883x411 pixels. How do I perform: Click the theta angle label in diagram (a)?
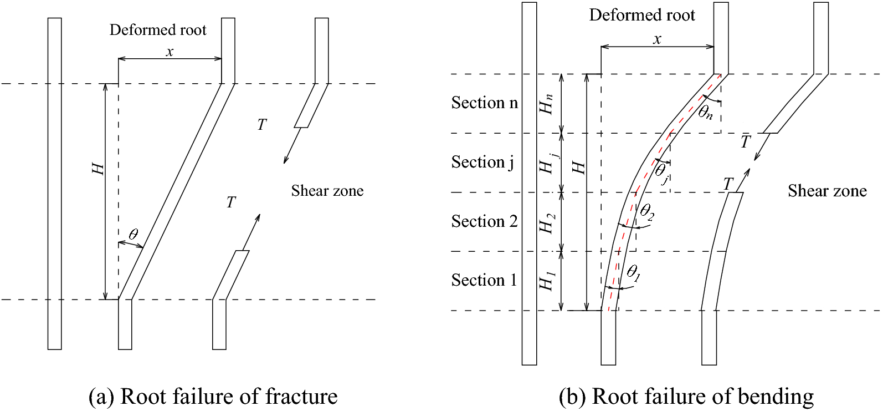tap(133, 234)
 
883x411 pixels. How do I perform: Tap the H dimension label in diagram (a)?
tap(98, 169)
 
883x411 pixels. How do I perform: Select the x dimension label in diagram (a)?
tap(170, 52)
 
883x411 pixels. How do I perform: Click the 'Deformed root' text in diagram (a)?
tap(158, 30)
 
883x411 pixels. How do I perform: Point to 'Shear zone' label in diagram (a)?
tap(327, 191)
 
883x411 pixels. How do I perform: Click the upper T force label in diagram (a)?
tap(262, 125)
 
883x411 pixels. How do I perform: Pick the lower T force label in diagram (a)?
tap(231, 202)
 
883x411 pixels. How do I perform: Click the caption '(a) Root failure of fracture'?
tap(213, 397)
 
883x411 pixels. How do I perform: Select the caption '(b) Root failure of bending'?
tap(686, 397)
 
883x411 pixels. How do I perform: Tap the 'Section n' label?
tap(485, 103)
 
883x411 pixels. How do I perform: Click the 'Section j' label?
tap(482, 162)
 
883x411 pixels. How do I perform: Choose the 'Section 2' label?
tap(484, 221)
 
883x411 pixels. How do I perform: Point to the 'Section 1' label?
tap(484, 280)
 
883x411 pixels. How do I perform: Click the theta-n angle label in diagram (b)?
tap(705, 113)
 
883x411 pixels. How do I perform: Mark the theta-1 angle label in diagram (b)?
tap(633, 272)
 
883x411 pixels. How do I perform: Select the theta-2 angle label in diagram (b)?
tap(646, 211)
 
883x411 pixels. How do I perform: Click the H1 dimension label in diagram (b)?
tap(547, 281)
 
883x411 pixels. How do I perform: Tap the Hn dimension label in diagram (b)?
tap(547, 104)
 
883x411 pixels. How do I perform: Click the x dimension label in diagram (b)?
tap(657, 39)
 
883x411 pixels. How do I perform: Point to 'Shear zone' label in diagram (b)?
tap(827, 191)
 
